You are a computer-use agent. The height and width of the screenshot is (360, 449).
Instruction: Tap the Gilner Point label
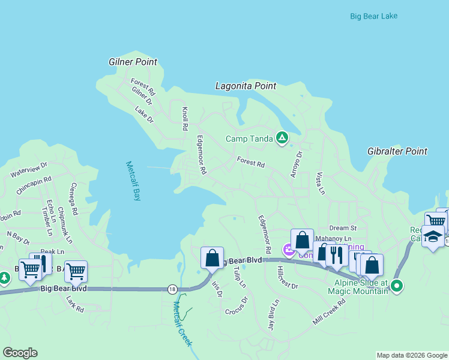(x=133, y=62)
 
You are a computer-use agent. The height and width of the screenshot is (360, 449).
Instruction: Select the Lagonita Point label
(x=246, y=86)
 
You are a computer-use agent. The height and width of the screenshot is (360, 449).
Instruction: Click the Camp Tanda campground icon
(x=282, y=139)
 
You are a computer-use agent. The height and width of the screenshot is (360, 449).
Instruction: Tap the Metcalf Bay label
(x=133, y=181)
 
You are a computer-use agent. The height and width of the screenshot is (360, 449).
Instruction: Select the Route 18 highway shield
(x=172, y=289)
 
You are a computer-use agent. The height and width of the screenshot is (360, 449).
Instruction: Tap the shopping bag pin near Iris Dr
(x=212, y=259)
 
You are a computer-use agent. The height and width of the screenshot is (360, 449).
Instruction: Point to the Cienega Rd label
(x=74, y=199)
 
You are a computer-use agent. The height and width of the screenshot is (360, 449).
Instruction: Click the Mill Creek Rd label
(x=330, y=312)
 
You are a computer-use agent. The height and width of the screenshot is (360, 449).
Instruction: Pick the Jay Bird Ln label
(x=273, y=316)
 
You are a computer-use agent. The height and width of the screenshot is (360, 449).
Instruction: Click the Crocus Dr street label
(x=237, y=306)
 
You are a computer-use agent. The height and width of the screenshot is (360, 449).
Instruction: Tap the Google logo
(x=20, y=353)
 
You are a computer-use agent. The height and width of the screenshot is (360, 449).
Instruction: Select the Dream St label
(x=343, y=228)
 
